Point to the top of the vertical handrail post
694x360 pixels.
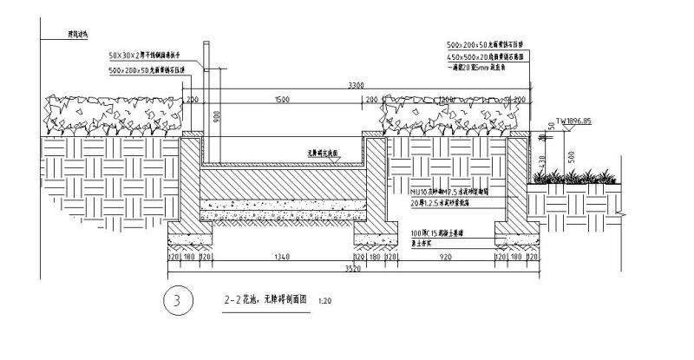[x=206, y=43]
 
